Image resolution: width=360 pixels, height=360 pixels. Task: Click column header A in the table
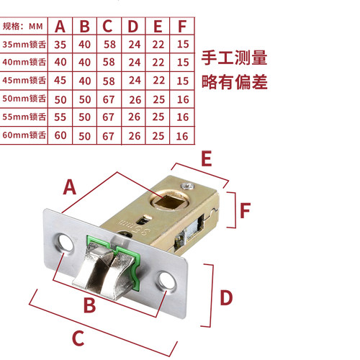[x=60, y=26]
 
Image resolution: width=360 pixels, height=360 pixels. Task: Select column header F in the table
[x=182, y=26]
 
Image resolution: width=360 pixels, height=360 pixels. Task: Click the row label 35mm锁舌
[x=24, y=44]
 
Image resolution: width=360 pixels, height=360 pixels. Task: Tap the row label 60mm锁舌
[x=24, y=135]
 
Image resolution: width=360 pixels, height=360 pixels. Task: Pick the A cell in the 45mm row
[x=60, y=80]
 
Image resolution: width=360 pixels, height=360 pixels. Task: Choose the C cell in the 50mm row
[x=109, y=99]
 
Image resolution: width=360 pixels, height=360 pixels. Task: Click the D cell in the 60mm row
[x=135, y=136]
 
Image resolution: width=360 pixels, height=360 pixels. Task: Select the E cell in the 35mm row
[x=158, y=45]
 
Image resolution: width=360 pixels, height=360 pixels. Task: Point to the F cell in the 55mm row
[x=183, y=117]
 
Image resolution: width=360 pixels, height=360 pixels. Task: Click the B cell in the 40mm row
[x=84, y=62]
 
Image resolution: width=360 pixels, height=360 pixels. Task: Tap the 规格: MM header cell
[x=23, y=26]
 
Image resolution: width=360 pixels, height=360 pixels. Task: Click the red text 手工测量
[x=234, y=58]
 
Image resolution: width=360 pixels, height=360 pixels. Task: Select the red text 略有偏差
[x=235, y=82]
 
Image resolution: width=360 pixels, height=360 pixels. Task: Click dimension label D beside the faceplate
[x=226, y=297]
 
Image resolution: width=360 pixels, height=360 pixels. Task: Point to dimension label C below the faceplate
[x=78, y=338]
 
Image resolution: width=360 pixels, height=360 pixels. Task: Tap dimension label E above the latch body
[x=207, y=158]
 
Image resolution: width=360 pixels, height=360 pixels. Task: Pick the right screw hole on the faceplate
[x=166, y=280]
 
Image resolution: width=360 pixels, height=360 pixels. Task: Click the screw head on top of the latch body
[x=188, y=186]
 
